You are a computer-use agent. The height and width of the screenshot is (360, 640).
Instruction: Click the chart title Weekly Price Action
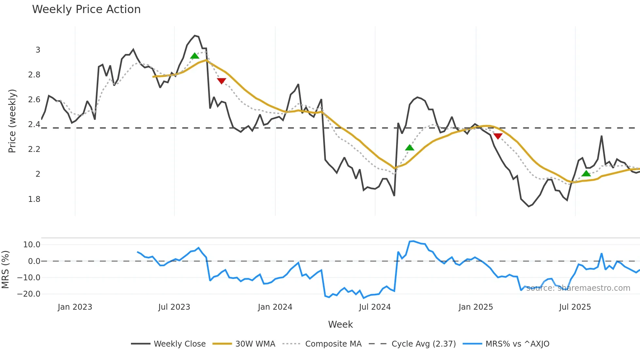click(86, 9)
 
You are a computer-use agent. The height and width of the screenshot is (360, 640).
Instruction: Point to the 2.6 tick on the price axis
click(34, 100)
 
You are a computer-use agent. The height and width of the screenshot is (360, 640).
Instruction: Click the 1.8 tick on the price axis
click(34, 199)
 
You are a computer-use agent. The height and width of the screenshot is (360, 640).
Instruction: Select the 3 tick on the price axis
click(38, 50)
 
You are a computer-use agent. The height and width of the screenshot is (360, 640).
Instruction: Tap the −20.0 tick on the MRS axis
click(29, 294)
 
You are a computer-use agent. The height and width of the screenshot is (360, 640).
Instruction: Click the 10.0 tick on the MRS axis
click(32, 245)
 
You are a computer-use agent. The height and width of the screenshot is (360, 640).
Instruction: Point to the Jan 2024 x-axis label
click(275, 307)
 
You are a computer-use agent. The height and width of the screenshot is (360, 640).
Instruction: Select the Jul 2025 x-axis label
click(575, 307)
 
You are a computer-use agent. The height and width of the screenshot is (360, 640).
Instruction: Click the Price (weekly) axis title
click(12, 121)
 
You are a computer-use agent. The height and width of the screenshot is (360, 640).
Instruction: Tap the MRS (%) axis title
click(5, 270)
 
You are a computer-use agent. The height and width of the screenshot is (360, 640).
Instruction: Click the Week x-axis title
click(340, 324)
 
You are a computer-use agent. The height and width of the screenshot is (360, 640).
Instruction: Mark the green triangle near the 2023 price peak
click(195, 56)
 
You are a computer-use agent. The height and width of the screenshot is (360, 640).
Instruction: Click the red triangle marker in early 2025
click(498, 136)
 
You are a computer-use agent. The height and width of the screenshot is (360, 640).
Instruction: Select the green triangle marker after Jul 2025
click(586, 173)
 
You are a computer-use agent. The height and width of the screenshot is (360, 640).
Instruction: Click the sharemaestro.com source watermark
click(578, 288)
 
